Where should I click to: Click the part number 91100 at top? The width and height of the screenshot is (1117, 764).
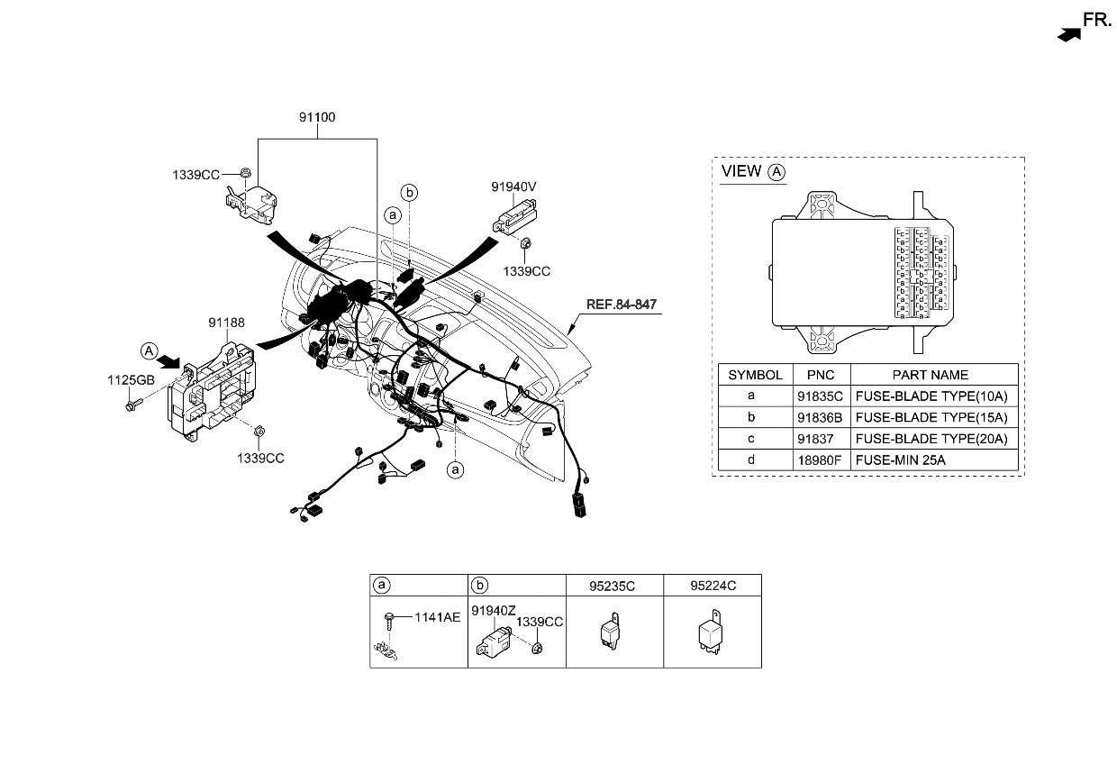tap(316, 117)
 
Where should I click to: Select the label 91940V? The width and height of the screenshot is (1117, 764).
tap(513, 186)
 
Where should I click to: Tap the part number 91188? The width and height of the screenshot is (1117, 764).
tap(226, 322)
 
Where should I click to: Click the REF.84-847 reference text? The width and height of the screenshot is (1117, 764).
tap(621, 305)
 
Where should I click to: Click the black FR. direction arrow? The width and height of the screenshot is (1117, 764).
tap(1068, 33)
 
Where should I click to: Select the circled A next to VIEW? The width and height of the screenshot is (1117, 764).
tap(776, 171)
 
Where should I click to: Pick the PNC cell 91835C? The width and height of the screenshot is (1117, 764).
tap(820, 396)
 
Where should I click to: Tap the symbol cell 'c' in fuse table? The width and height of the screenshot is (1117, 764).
tap(750, 439)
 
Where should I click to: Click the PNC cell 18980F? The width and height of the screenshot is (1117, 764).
tap(820, 460)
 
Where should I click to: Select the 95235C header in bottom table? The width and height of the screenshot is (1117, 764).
tap(613, 586)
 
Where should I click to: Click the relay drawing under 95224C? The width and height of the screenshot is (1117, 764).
tap(712, 632)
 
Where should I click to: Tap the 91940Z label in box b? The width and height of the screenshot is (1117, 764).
tap(494, 610)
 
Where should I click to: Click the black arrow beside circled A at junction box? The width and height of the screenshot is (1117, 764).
tap(168, 361)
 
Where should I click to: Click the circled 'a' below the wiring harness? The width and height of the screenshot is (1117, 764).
tap(456, 469)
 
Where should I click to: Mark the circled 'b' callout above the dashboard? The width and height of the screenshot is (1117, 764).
tap(409, 192)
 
